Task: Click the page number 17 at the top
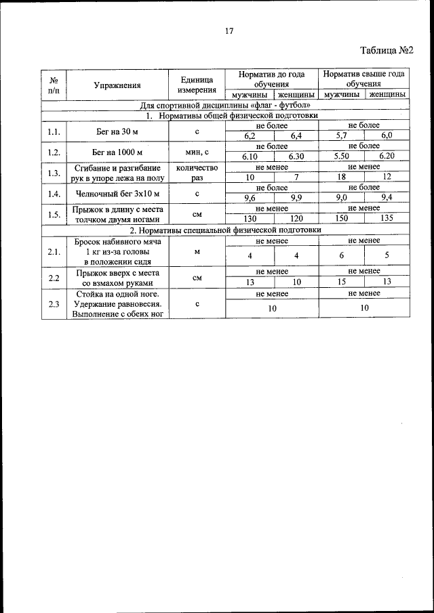229,30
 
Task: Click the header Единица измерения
197,85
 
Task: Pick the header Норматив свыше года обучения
363,79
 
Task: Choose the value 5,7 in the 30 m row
342,135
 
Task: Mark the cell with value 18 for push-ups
342,177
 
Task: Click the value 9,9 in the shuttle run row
296,198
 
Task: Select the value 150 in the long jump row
342,219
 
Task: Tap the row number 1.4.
54,194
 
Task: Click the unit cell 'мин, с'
197,152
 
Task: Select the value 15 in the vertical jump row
342,282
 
